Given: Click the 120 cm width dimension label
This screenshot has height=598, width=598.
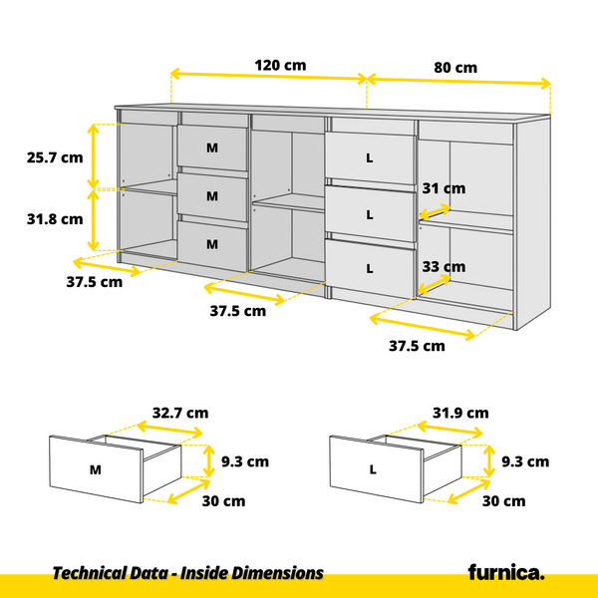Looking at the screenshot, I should point(280,65).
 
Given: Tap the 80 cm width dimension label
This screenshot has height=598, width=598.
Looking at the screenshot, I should point(455,68).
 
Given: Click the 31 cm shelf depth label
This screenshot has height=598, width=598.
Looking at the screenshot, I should point(443,188).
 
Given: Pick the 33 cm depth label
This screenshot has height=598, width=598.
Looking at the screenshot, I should point(443,266).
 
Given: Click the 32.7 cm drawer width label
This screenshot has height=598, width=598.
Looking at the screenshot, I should point(179,412).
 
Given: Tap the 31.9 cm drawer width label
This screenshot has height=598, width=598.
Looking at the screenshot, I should point(460,412).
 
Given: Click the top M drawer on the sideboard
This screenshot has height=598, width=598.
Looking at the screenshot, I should point(212,149).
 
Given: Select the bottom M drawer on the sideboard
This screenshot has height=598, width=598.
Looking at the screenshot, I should point(212,243).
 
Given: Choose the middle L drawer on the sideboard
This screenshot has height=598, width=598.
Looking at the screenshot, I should point(370,213).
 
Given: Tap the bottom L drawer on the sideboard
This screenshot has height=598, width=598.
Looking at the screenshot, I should point(370,267).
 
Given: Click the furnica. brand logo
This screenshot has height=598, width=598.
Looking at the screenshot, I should point(506,572).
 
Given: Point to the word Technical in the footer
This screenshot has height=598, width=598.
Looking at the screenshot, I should point(88,573).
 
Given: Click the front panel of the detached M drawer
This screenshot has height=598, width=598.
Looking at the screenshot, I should point(96,468).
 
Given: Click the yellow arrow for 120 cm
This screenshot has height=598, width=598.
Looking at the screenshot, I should point(269,77).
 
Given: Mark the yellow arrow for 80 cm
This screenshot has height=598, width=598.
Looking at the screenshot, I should point(458,81).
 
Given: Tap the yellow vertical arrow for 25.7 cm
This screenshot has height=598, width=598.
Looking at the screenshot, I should point(96,156).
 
